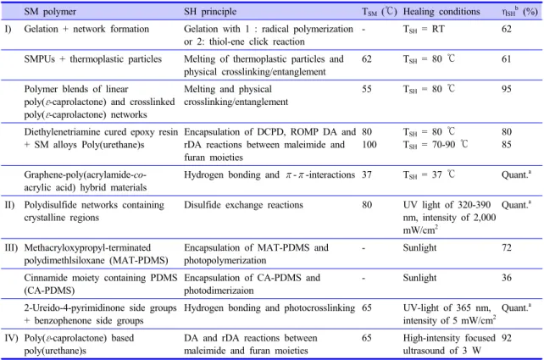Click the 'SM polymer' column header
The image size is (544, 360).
pyautogui.click(x=50, y=12)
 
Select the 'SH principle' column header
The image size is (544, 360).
pyautogui.click(x=210, y=12)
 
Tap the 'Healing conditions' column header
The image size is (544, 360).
pyautogui.click(x=441, y=12)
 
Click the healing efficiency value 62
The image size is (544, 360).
pyautogui.click(x=506, y=29)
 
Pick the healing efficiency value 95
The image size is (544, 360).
pyautogui.click(x=506, y=89)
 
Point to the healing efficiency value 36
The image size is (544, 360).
pyautogui.click(x=506, y=278)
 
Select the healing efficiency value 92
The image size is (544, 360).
pyautogui.click(x=506, y=338)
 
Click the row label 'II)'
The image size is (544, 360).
pyautogui.click(x=9, y=205)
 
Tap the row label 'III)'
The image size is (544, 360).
pyautogui.click(x=11, y=248)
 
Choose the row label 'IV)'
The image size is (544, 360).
pyautogui.click(x=11, y=338)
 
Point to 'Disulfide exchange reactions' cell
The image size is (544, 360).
pyautogui.click(x=243, y=205)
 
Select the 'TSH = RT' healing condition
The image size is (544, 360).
pyautogui.click(x=424, y=29)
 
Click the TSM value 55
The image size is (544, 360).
pyautogui.click(x=367, y=89)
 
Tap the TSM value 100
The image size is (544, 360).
pyautogui.click(x=369, y=145)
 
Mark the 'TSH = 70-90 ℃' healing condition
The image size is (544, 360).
pyautogui.click(x=436, y=145)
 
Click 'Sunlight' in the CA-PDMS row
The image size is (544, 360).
pyautogui.click(x=419, y=278)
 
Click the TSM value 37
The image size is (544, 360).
pyautogui.click(x=367, y=174)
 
